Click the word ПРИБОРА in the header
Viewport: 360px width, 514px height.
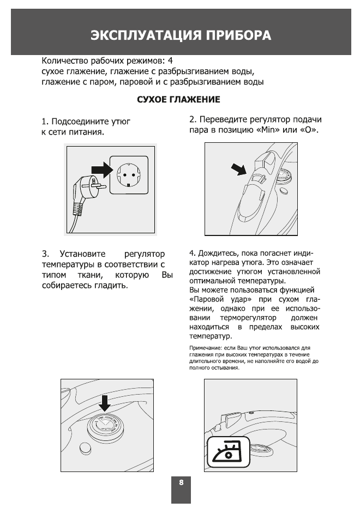coord(237,36)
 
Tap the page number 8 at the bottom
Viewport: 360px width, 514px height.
coord(181,482)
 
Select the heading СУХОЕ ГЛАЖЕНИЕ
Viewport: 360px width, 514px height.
coord(178,100)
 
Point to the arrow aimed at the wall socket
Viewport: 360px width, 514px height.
coord(101,170)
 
